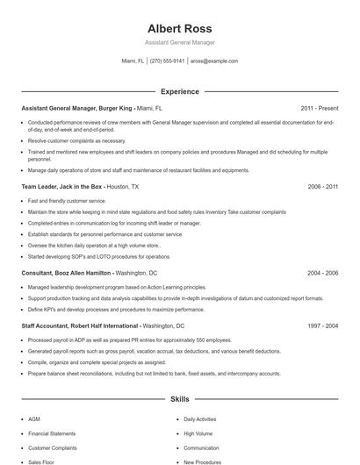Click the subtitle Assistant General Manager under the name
tap(179, 42)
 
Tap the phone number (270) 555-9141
tap(167, 61)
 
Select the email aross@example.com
tap(214, 61)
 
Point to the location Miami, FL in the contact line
tap(133, 61)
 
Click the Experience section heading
tap(179, 91)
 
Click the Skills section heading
tap(179, 399)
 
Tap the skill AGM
tap(34, 419)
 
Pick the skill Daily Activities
tap(199, 419)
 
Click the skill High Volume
tap(197, 433)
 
